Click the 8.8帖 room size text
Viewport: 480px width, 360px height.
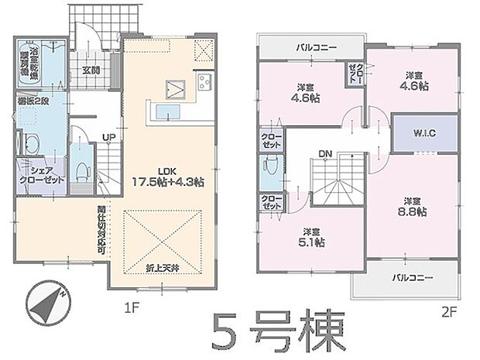point(413,212)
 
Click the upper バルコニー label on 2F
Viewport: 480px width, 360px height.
point(315,47)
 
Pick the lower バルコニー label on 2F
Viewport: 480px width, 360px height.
point(410,276)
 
